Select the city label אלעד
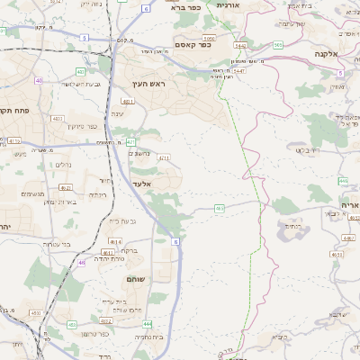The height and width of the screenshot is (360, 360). point(143,183)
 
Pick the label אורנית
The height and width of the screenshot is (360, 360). point(229,5)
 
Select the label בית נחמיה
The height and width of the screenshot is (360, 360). point(148,336)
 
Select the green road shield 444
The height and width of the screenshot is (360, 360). point(147,324)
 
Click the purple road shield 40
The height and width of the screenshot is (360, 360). point(39,81)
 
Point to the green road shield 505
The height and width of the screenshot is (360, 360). point(278,44)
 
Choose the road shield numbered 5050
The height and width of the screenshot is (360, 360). point(209,39)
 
